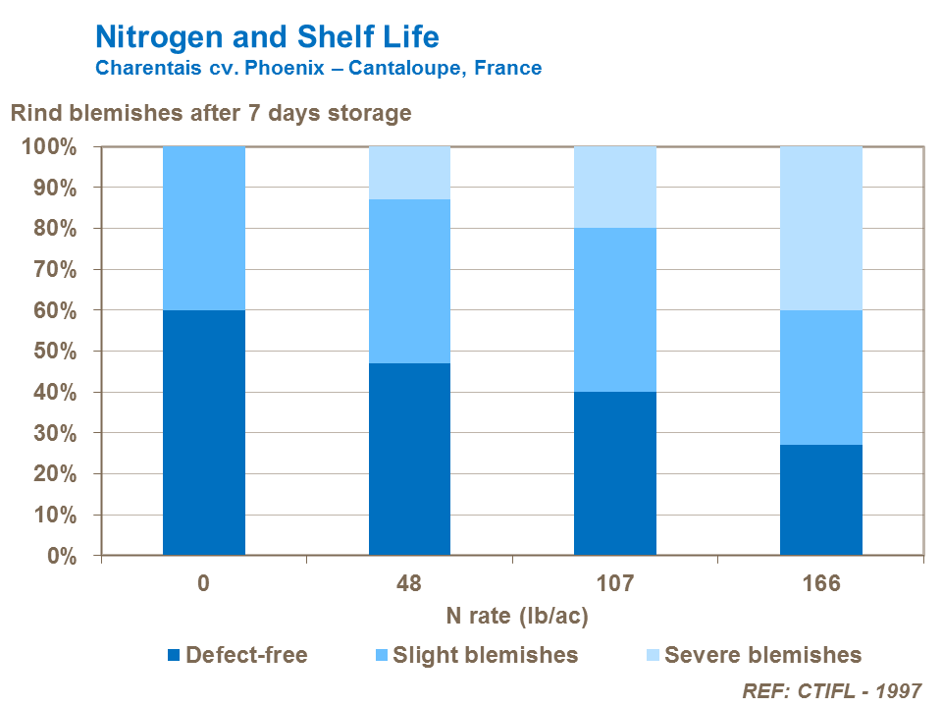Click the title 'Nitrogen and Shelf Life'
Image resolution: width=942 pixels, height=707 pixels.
(x=267, y=37)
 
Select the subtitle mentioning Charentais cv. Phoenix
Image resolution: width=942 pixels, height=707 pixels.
(x=318, y=69)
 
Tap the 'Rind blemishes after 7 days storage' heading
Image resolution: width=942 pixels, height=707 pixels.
(x=210, y=113)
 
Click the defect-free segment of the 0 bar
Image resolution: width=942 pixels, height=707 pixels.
(x=203, y=432)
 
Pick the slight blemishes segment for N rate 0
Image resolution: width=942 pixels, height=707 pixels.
(x=203, y=228)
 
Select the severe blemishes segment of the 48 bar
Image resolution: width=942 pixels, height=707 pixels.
(x=409, y=173)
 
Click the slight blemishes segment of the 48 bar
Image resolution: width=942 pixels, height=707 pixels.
(x=409, y=281)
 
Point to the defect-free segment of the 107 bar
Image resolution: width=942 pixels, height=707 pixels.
(x=615, y=473)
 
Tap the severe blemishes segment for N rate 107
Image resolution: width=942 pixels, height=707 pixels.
(x=615, y=187)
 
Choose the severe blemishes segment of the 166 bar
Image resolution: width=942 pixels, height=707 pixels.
(x=821, y=228)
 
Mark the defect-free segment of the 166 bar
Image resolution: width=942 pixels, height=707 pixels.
(x=821, y=500)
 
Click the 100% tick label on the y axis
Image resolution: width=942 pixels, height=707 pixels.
(x=48, y=147)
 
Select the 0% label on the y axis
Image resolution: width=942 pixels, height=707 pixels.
(x=58, y=556)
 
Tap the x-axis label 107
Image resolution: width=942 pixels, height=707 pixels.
(x=615, y=584)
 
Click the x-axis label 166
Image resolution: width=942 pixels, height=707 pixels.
(x=821, y=584)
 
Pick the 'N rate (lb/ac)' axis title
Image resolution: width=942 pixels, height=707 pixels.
(x=517, y=616)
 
